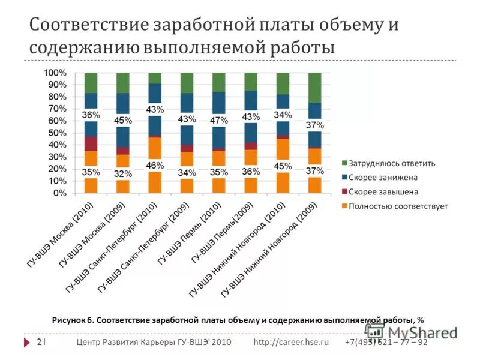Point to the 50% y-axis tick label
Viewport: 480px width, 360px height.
[57, 133]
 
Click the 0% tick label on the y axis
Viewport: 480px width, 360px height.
[60, 194]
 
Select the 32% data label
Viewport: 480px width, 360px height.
[123, 173]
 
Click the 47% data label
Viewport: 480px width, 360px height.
[218, 121]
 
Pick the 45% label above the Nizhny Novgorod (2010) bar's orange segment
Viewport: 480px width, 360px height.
[283, 166]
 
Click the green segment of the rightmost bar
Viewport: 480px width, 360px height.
[315, 87]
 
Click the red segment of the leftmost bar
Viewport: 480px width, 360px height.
[91, 143]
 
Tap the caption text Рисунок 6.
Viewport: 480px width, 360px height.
[72, 320]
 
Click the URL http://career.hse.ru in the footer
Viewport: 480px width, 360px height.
[291, 342]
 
